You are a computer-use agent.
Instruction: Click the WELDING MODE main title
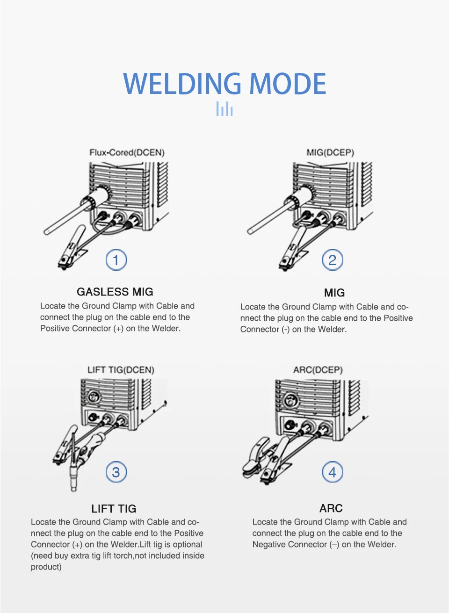tap(224, 84)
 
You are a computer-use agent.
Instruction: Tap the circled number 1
tap(116, 260)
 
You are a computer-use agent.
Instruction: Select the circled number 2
tap(333, 260)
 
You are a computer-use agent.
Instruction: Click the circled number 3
tap(116, 472)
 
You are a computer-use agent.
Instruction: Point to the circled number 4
tap(333, 472)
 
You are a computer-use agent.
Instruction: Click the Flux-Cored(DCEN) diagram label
tap(127, 152)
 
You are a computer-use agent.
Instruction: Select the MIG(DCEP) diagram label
tap(330, 152)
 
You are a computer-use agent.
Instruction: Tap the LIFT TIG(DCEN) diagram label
tap(121, 370)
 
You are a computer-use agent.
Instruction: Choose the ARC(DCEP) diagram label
tap(318, 370)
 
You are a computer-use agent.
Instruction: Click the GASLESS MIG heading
tap(115, 292)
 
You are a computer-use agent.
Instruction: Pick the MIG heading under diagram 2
tap(334, 293)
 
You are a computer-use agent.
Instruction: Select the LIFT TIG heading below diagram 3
tap(114, 509)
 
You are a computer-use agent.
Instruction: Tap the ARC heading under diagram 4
tap(331, 508)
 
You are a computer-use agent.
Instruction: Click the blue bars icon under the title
tap(224, 109)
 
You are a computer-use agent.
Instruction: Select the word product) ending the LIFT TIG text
tap(46, 567)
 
